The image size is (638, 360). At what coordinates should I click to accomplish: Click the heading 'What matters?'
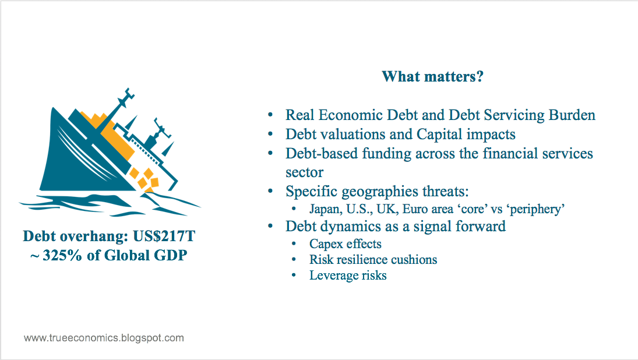pyautogui.click(x=432, y=76)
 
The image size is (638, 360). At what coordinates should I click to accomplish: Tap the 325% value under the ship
pyautogui.click(x=62, y=255)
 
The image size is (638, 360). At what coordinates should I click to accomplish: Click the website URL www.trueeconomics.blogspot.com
pyautogui.click(x=104, y=338)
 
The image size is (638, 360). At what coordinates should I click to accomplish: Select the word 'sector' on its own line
pyautogui.click(x=304, y=172)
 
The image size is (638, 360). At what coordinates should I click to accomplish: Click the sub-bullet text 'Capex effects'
pyautogui.click(x=346, y=244)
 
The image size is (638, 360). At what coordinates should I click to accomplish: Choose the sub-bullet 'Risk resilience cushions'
pyautogui.click(x=373, y=260)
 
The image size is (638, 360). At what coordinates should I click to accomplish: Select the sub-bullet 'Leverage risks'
pyautogui.click(x=348, y=276)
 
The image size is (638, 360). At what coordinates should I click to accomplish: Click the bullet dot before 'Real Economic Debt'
pyautogui.click(x=270, y=115)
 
